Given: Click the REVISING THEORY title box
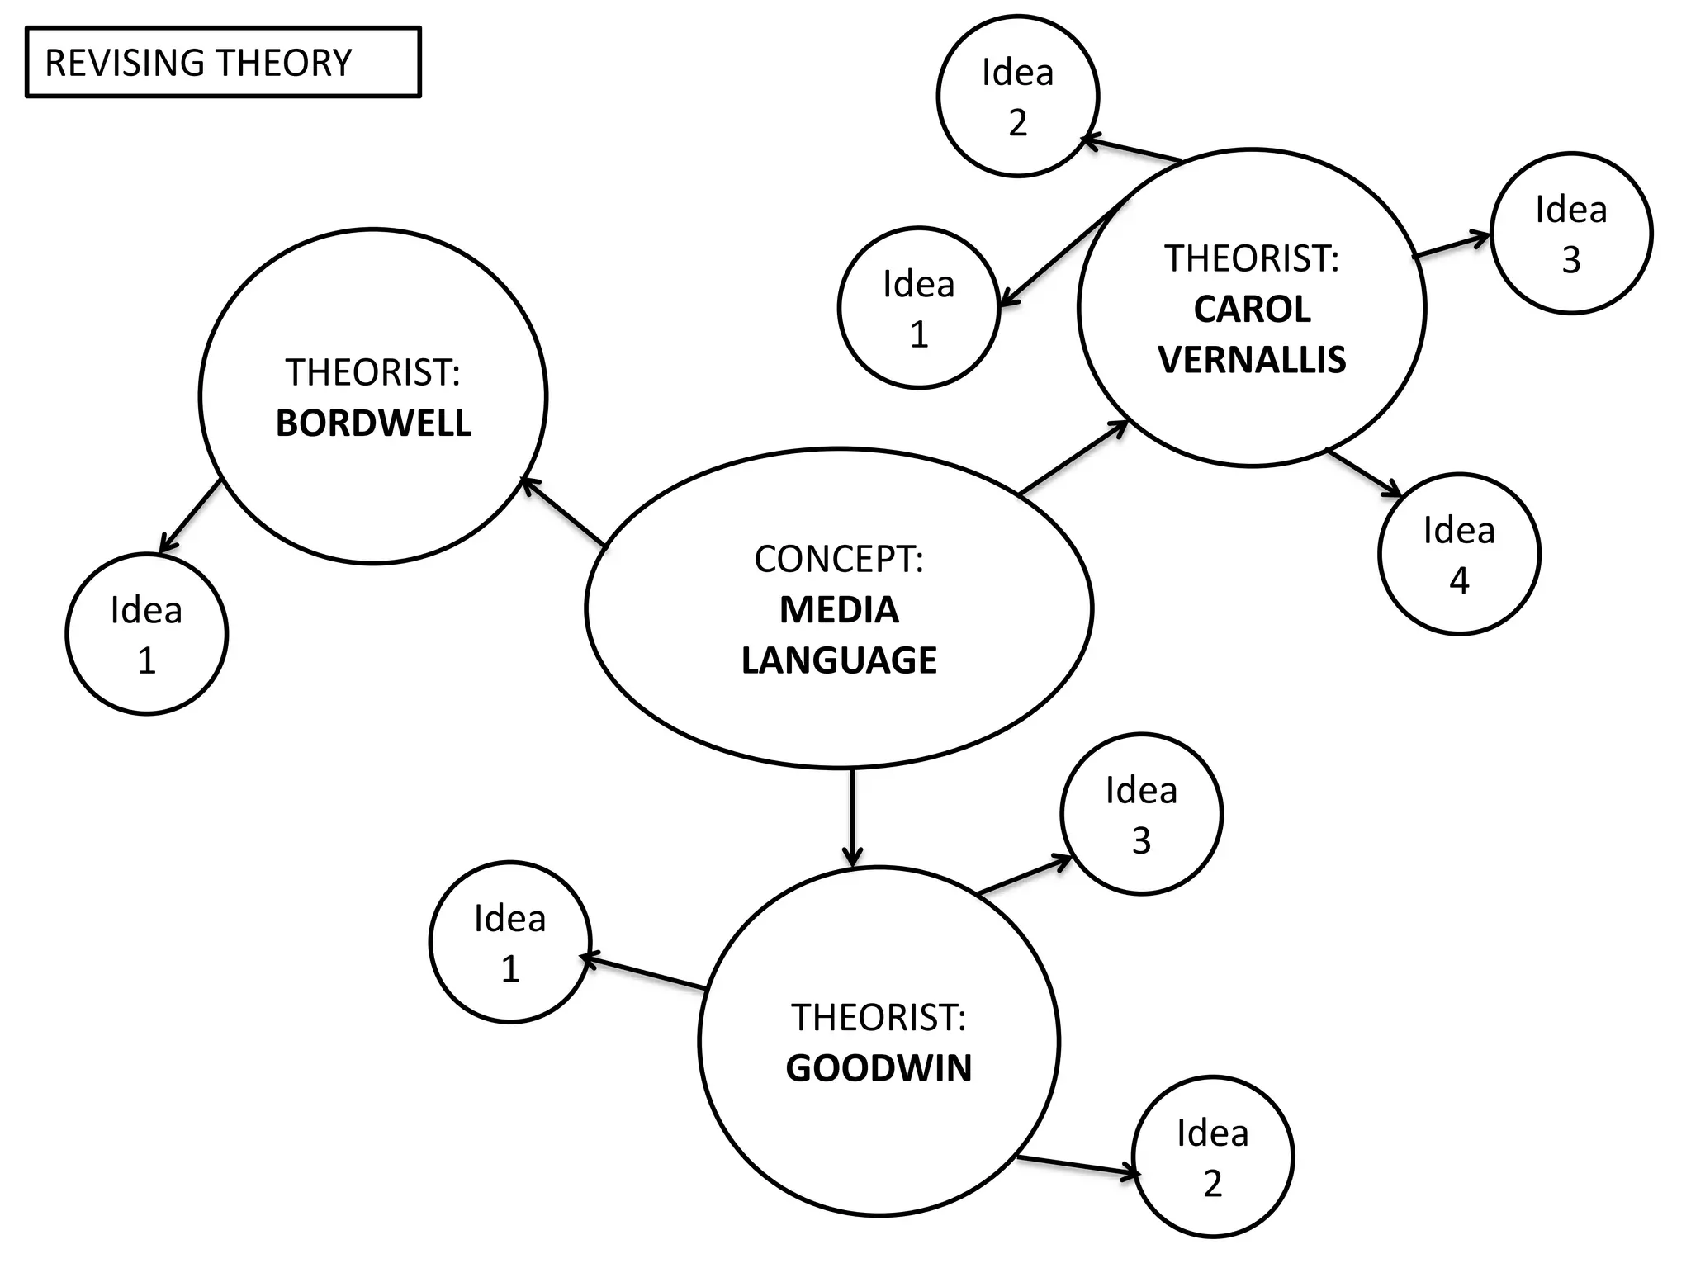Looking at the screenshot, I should (223, 63).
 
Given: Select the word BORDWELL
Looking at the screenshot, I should (373, 423).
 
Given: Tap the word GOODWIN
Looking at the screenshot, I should (879, 1068).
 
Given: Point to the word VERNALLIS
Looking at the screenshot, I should (1252, 360).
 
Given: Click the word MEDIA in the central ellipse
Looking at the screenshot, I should (839, 610).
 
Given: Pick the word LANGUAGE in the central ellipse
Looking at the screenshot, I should (839, 660).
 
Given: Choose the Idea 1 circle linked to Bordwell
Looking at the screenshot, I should (147, 634).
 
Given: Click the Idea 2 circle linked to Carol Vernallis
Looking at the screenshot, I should (1018, 97).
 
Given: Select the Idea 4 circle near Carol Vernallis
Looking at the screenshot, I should (1459, 554).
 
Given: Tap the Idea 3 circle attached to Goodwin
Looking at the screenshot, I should (1141, 814).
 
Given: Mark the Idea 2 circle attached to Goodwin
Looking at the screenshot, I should (1212, 1157).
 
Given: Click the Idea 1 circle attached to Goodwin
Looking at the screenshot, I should (510, 942).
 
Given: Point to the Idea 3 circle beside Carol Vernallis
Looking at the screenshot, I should (1571, 234).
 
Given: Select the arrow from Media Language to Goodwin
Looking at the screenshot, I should (852, 817).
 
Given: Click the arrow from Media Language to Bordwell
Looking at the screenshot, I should (565, 513).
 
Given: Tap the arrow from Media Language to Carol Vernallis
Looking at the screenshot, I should (1073, 458).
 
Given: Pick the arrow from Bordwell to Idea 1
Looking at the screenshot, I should (190, 516).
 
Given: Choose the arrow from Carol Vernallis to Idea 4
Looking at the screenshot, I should (1364, 473).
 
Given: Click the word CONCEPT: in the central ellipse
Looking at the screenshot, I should (839, 560).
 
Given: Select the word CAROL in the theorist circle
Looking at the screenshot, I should (1252, 310).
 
